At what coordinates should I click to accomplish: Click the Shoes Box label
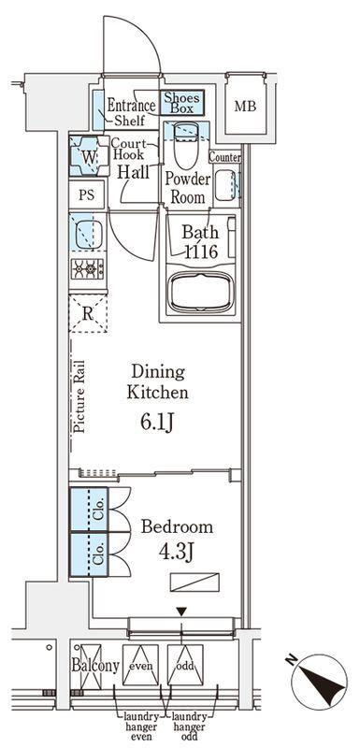click(x=182, y=103)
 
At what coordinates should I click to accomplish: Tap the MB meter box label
click(x=245, y=106)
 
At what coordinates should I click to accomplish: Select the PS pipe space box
click(x=87, y=194)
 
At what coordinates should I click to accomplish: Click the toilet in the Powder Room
click(x=186, y=144)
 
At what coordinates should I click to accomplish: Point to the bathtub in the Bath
click(x=201, y=292)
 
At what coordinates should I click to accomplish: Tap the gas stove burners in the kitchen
click(x=88, y=269)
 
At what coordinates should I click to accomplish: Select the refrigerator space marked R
click(x=88, y=313)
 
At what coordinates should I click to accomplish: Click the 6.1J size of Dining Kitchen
click(x=156, y=422)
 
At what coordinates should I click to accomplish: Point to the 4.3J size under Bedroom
click(x=176, y=552)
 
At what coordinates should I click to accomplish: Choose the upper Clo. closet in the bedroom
click(x=90, y=509)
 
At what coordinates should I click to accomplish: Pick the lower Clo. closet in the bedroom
click(x=90, y=554)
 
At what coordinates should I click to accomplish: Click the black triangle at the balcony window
click(x=181, y=611)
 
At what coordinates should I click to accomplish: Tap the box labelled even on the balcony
click(x=140, y=665)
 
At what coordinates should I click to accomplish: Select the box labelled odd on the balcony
click(x=185, y=665)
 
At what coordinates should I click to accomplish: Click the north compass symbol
click(x=319, y=683)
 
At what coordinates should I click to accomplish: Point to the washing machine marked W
click(x=88, y=155)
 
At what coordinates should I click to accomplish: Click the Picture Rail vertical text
click(x=80, y=396)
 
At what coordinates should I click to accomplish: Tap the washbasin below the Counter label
click(x=224, y=185)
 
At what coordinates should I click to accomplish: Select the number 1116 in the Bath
click(x=201, y=251)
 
